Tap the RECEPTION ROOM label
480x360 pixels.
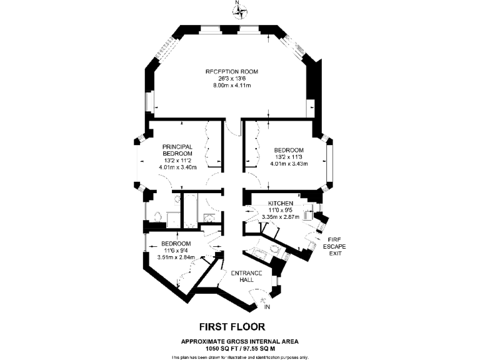coord(232,72)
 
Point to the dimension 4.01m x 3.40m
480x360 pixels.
coord(177,167)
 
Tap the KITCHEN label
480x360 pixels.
coord(280,204)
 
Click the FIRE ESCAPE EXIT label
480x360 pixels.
coord(337,246)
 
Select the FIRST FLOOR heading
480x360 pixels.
coord(232,326)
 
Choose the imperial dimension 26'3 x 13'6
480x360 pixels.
coord(232,79)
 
